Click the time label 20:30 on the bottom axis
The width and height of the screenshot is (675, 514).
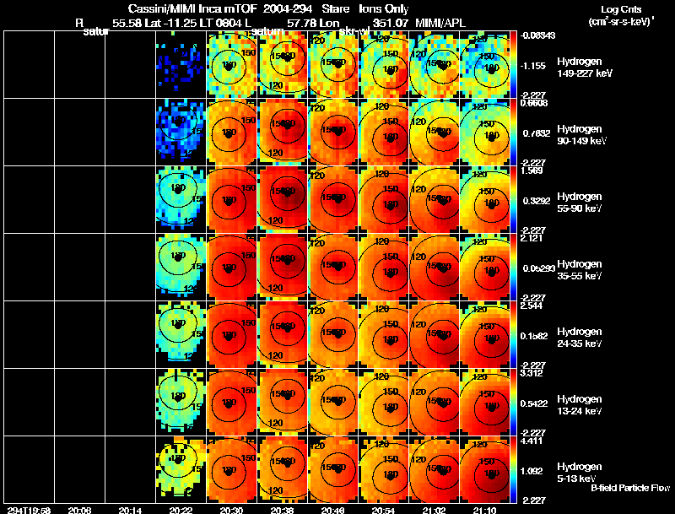coord(229,510)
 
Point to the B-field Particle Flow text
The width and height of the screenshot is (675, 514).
coord(630,488)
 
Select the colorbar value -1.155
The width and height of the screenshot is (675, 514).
coord(535,65)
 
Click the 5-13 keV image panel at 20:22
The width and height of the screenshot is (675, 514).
coord(180,469)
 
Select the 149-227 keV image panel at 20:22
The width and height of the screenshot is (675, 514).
coord(180,64)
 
